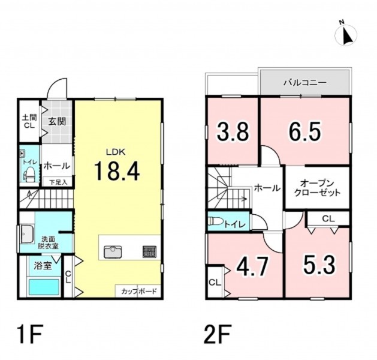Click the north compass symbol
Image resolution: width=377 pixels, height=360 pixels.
[x=346, y=35]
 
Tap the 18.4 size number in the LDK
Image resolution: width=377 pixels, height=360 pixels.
[x=117, y=171]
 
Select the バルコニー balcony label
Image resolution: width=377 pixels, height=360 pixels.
[x=305, y=83]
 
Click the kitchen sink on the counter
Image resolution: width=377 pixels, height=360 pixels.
[x=113, y=252]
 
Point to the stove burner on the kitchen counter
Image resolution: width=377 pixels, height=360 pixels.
[x=150, y=252]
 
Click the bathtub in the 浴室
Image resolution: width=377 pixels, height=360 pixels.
[x=44, y=287]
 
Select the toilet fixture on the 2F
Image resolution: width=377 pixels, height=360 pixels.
[x=215, y=221]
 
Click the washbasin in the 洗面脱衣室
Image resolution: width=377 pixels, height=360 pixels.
[x=28, y=234]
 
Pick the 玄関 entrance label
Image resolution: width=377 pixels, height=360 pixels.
[x=57, y=121]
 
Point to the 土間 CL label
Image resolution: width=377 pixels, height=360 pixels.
[x=29, y=121]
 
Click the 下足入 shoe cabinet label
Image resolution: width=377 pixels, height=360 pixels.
[x=58, y=182]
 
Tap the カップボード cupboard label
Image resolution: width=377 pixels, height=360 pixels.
[x=139, y=292]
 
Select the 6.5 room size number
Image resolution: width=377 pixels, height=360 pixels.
[x=304, y=132]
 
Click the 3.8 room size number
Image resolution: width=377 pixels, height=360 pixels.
[x=233, y=132]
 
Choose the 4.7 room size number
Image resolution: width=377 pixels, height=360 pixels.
[x=252, y=266]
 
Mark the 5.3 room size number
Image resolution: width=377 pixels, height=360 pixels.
[x=319, y=265]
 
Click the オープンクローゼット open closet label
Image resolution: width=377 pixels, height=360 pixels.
[x=318, y=188]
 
